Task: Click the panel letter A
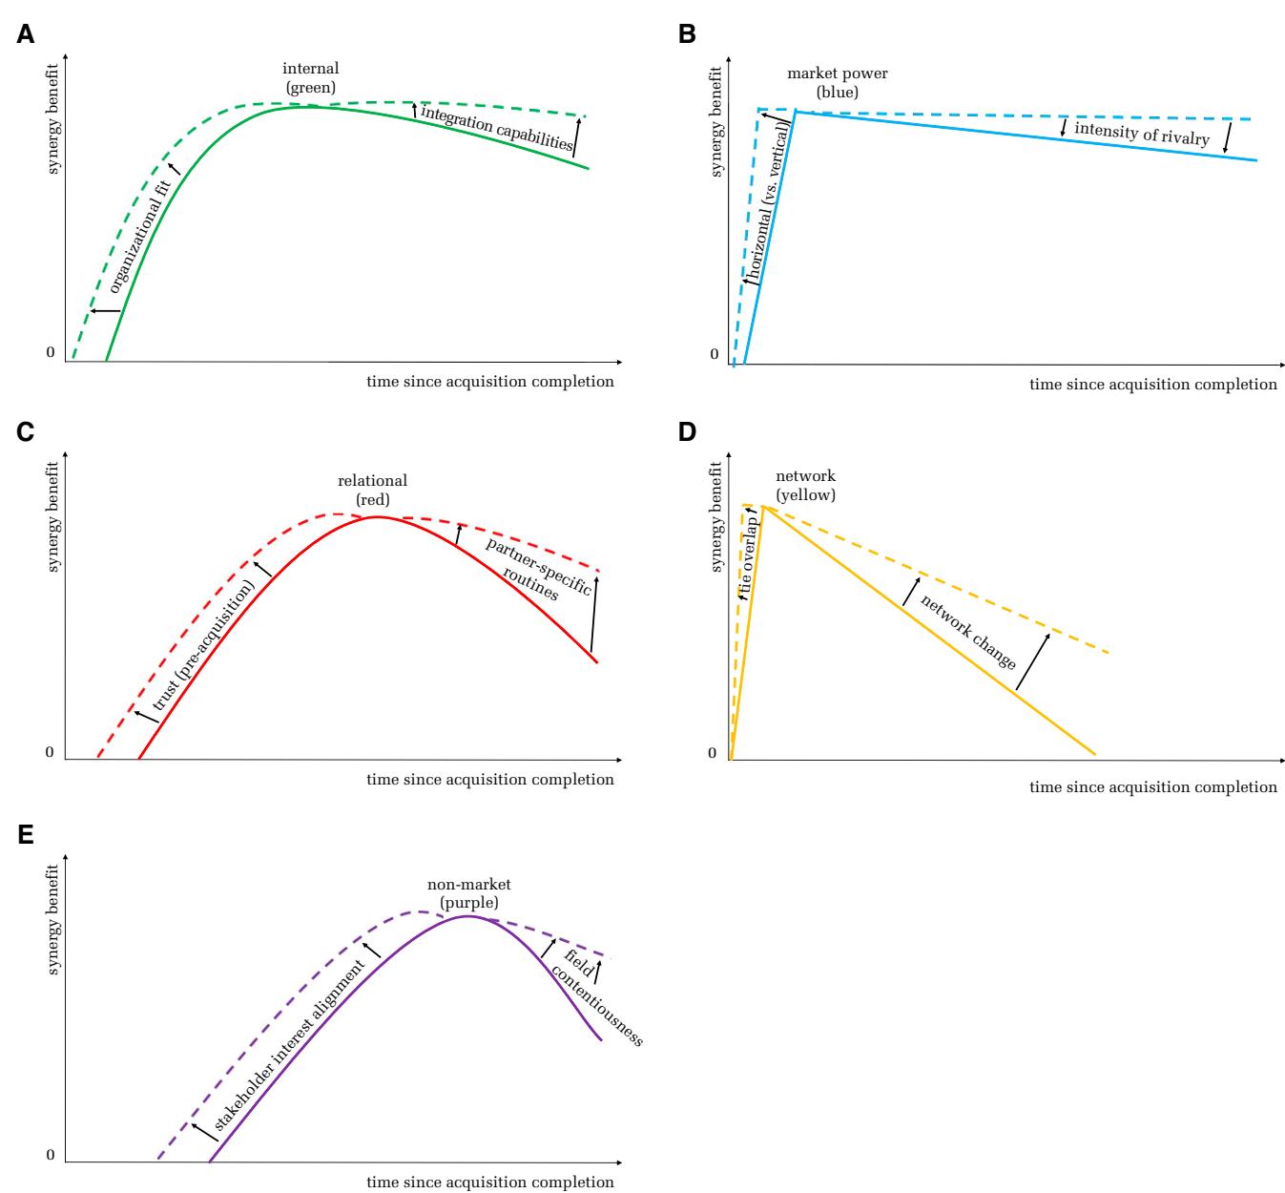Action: (x=26, y=35)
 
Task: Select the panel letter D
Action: (x=687, y=432)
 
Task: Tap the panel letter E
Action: (x=26, y=836)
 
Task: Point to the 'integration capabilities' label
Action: (x=497, y=129)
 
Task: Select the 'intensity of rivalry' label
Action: (x=1141, y=134)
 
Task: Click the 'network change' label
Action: (x=967, y=632)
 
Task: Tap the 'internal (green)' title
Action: (x=310, y=78)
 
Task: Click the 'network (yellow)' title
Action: (x=805, y=485)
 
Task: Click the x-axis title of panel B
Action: (x=1152, y=385)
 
